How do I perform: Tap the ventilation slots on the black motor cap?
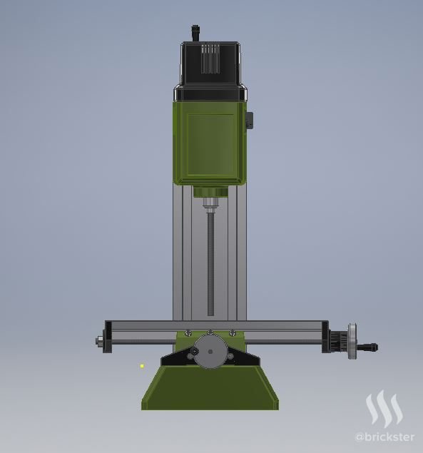tap(210, 59)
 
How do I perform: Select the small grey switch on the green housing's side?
tap(250, 120)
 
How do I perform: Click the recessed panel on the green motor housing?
tap(210, 145)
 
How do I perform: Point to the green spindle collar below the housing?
tap(210, 192)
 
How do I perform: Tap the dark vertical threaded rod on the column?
tap(210, 264)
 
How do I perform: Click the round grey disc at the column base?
tap(210, 352)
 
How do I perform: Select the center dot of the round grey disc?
tap(210, 352)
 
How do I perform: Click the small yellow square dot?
tap(142, 366)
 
